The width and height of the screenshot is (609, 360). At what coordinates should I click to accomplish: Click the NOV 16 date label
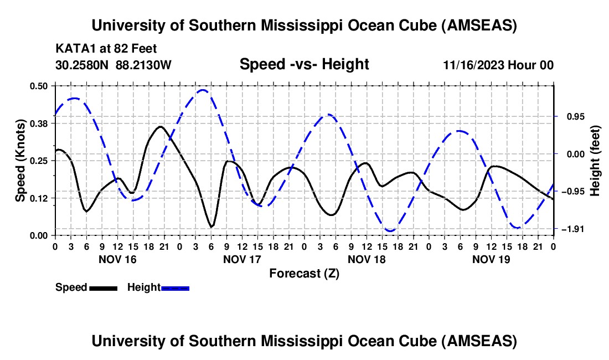pos(117,259)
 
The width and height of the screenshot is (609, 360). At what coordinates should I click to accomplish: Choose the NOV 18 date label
pos(367,259)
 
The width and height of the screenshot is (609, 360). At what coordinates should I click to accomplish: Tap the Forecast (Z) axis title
pos(304,273)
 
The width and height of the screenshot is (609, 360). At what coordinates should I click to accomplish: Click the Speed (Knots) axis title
pos(20,160)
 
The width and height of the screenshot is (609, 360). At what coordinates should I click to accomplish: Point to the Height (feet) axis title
pos(595,160)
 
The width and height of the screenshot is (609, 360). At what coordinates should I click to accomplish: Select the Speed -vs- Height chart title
pos(304,64)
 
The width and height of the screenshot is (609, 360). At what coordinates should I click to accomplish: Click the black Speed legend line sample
pos(103,287)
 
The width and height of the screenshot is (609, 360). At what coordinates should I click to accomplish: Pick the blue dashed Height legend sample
pos(176,287)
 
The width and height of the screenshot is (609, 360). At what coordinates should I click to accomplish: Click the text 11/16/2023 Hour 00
pos(498,65)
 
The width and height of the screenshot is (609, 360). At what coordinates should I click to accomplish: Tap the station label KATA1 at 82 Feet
pos(106,49)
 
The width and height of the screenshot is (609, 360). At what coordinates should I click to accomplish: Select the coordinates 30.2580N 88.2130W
pos(113,65)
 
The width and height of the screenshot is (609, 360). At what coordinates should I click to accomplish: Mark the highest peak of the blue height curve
pos(203,90)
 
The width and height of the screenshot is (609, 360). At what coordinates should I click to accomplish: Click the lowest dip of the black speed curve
pos(211,227)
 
